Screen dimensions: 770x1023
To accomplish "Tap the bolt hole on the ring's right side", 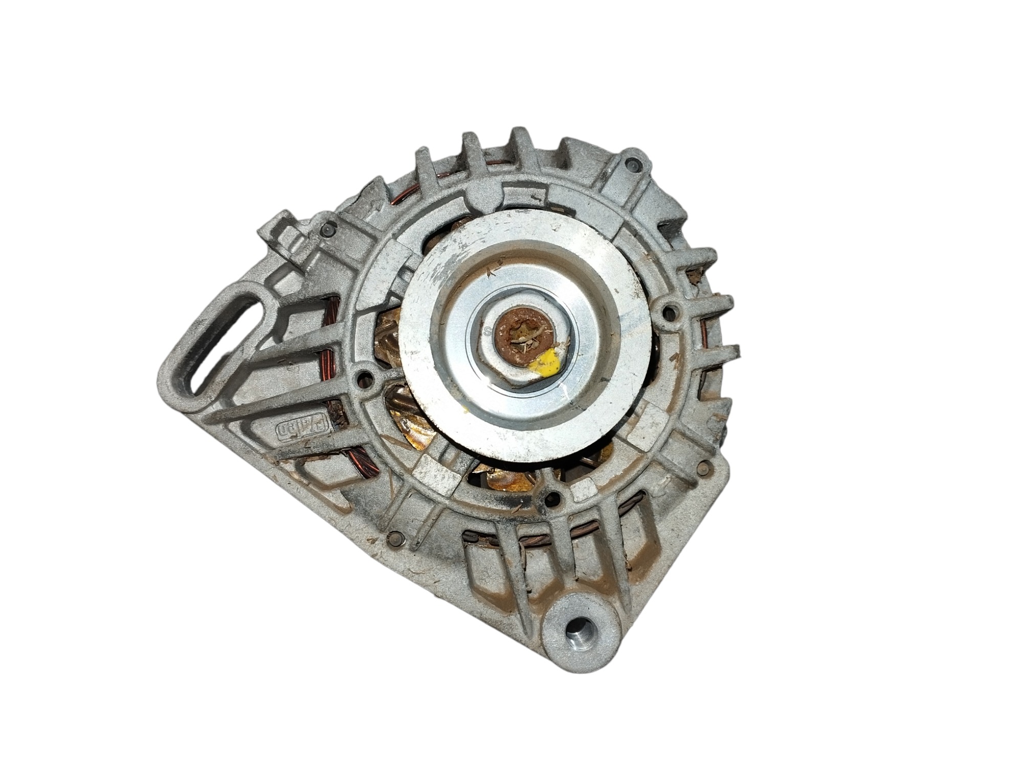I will (x=669, y=312).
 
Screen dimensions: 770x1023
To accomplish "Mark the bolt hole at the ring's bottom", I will (x=551, y=497).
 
